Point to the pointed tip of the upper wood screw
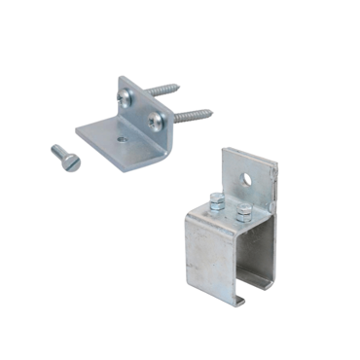178,86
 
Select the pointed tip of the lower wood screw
212,111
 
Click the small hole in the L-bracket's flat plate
122,139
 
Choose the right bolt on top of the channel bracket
243,211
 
